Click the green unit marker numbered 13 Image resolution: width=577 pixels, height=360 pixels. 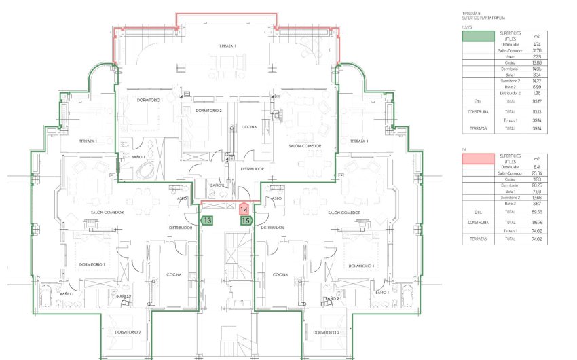click(x=208, y=221)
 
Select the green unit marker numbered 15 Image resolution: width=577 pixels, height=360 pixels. click(x=246, y=221)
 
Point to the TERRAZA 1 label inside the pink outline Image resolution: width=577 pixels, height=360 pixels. click(x=227, y=46)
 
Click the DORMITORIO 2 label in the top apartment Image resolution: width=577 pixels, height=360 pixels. click(x=208, y=110)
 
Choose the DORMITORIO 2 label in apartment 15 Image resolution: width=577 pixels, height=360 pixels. click(x=328, y=332)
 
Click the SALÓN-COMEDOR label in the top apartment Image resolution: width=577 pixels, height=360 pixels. click(x=303, y=146)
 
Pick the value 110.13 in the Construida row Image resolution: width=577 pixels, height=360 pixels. click(x=537, y=111)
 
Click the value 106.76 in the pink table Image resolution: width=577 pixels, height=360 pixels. click(x=537, y=222)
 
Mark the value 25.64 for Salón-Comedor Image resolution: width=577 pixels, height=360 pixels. click(x=537, y=173)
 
